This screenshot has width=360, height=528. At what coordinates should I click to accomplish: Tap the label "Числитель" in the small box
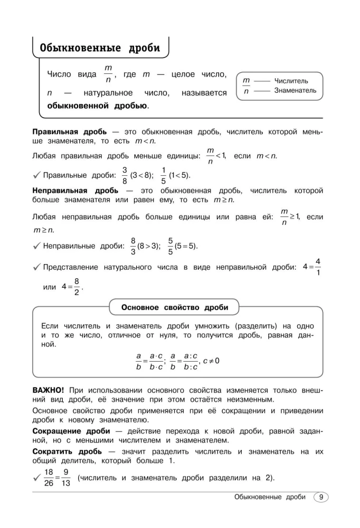pyautogui.click(x=291, y=81)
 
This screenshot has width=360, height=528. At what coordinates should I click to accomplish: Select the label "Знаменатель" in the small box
pyautogui.click(x=295, y=90)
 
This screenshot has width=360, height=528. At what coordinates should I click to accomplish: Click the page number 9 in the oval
pyautogui.click(x=320, y=497)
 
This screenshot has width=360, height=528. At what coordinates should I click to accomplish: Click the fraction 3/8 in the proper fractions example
pyautogui.click(x=125, y=175)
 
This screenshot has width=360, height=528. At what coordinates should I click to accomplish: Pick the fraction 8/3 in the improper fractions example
pyautogui.click(x=133, y=246)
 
